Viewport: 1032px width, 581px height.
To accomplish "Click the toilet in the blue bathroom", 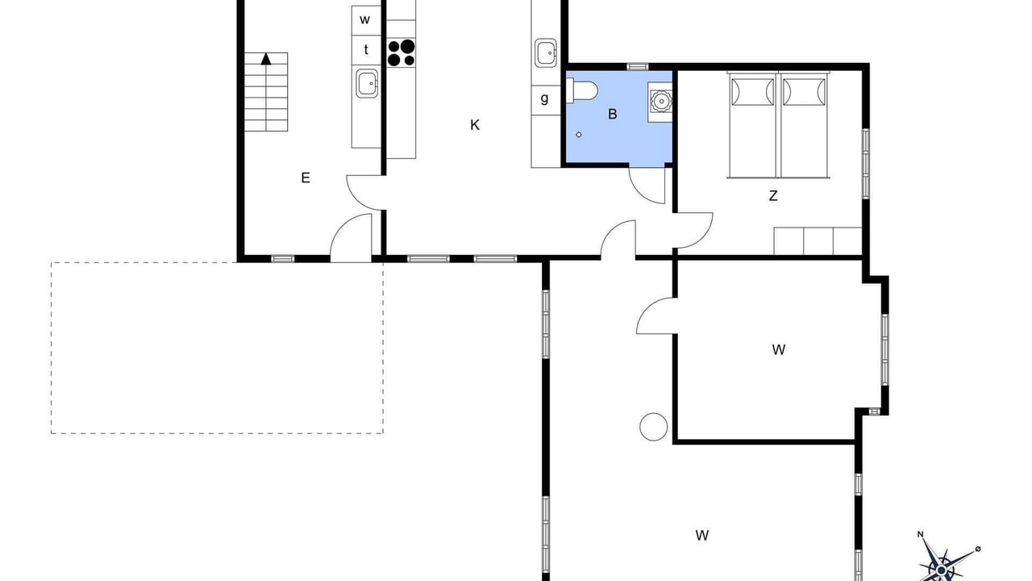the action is pos(582,90).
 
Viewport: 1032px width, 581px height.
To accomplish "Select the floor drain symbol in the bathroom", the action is pos(579,135).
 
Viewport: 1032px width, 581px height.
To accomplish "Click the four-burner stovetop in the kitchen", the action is pos(402,52).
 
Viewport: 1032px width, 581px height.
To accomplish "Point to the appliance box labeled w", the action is pos(366,20).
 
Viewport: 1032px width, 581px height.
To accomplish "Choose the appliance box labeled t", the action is pos(366,50).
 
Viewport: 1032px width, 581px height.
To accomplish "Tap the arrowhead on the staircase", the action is pos(266,59).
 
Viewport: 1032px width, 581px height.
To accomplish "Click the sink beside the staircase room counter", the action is pos(367,83).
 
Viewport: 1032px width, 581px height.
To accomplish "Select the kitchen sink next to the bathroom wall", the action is pos(546,53).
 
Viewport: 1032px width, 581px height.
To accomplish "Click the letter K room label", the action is pos(475,125).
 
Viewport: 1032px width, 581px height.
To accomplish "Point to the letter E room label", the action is pos(305,178).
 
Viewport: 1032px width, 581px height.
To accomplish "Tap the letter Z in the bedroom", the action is pos(773,195).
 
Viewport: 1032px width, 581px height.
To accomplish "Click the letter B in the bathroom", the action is pos(612,114).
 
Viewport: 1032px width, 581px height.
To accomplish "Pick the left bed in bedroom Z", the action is pos(752,124).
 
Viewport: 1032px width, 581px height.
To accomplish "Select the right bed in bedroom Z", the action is pos(804,124).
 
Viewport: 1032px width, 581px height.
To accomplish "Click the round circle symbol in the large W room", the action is pos(653,427).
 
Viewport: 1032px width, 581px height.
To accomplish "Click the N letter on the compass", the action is pos(921,547).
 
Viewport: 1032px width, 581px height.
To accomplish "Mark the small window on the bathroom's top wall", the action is pos(638,67).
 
